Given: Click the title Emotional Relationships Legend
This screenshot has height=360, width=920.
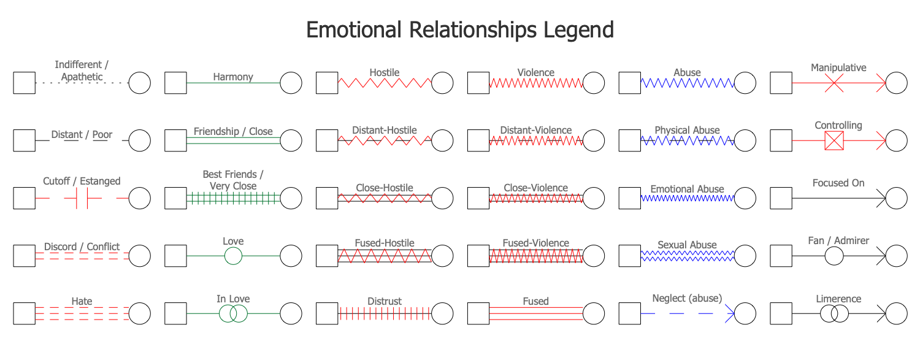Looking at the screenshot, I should coord(459,30).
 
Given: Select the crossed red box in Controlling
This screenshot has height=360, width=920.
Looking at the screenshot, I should coord(834,141).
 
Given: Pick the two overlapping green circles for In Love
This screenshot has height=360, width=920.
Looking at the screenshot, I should coord(233,313).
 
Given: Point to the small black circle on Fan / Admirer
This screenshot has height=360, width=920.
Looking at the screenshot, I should coord(834,255).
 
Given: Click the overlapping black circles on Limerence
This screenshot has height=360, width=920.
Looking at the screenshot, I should coord(834,313).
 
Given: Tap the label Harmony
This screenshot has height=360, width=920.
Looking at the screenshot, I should coord(233,77).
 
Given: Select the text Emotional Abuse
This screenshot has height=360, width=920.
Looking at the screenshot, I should coord(687,189).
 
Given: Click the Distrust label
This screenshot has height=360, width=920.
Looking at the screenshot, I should coord(385,301).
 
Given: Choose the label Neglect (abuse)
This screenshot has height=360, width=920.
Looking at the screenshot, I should coord(687,298).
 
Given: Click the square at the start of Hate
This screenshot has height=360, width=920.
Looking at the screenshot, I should coord(24,313).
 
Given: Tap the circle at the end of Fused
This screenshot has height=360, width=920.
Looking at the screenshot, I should coord(593,313).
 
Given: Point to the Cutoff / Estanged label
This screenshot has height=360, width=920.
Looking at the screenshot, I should coord(82,181).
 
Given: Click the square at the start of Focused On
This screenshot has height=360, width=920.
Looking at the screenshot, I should coord(781,199).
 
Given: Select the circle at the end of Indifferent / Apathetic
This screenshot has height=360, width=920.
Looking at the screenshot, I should coord(139,83).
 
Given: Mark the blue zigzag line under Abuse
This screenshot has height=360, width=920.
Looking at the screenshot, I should coord(687,83).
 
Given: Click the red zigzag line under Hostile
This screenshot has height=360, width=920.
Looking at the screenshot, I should coord(385,83).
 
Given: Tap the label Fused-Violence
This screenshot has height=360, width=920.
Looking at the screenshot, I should coord(535,243).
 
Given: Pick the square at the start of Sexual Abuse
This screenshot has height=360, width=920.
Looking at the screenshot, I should coord(629,255).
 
